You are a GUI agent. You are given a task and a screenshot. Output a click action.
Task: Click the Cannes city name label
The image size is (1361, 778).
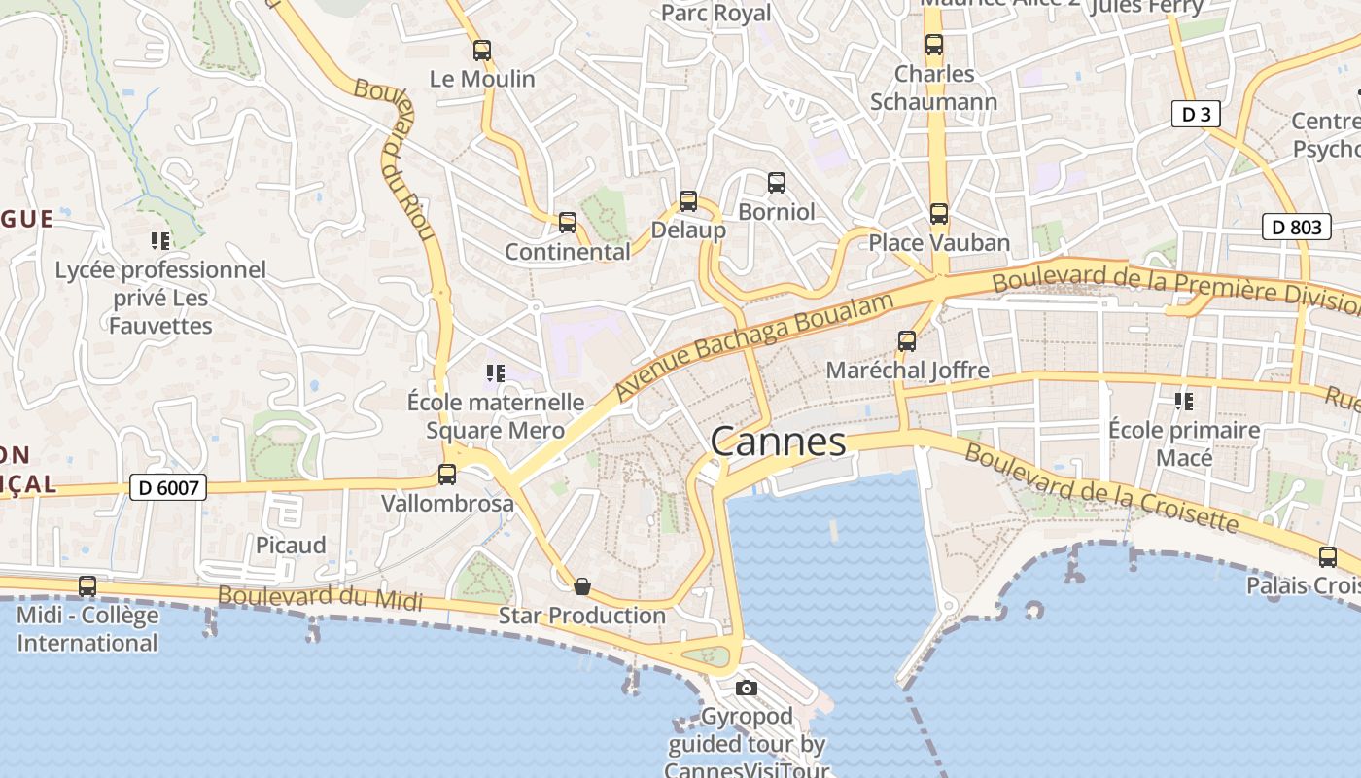click(778, 442)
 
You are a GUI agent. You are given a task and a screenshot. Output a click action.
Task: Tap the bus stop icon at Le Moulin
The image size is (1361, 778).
click(482, 51)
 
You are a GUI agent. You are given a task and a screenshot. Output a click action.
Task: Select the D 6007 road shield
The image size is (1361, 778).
click(168, 487)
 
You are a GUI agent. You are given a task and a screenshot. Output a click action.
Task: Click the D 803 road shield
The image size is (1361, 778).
click(1297, 227)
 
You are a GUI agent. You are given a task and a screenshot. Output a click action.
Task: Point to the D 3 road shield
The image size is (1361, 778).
click(1196, 115)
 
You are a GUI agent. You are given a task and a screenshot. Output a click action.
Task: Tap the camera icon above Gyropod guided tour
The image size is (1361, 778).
click(747, 689)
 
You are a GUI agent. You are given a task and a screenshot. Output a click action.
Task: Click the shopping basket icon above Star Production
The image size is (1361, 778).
click(581, 586)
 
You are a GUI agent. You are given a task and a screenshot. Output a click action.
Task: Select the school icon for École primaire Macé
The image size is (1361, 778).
click(1184, 401)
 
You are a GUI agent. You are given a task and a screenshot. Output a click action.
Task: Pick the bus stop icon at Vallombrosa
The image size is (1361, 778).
click(447, 475)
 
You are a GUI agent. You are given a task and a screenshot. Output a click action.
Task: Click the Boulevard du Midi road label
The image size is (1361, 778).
click(320, 597)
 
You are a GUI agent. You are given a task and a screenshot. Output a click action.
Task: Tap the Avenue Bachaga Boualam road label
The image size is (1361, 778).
click(754, 344)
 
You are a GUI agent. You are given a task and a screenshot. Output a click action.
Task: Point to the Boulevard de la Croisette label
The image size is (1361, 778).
click(1101, 489)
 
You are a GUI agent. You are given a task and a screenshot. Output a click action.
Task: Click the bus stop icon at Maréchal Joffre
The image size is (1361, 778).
click(907, 340)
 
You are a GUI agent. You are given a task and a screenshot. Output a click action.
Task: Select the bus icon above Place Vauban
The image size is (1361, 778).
click(938, 214)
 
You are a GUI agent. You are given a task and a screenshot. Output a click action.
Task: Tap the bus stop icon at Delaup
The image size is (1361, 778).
click(688, 201)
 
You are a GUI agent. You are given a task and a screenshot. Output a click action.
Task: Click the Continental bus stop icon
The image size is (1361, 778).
click(568, 223)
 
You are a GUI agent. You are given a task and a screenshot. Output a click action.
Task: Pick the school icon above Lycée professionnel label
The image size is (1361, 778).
click(159, 240)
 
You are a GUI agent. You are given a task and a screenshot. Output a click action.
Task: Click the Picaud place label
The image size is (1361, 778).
click(291, 545)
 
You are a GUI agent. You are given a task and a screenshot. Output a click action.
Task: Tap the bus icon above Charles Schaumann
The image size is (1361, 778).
click(934, 45)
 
